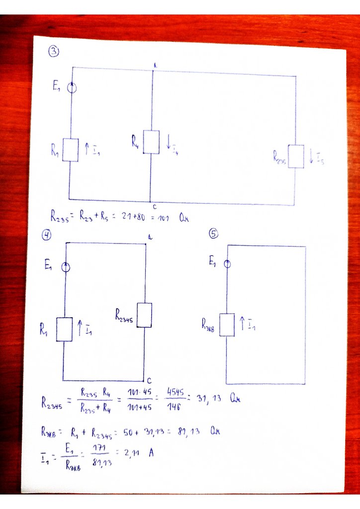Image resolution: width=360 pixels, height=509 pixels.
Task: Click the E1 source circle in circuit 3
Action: (72, 88)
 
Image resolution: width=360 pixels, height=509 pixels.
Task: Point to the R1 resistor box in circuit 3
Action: (71, 150)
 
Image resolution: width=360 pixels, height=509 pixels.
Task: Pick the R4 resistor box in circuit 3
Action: (151, 142)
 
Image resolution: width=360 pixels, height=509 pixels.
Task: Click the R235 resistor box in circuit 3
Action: (296, 157)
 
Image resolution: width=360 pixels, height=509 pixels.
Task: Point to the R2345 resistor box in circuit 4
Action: (144, 315)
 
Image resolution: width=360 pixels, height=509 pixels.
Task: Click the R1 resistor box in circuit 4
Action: (64, 329)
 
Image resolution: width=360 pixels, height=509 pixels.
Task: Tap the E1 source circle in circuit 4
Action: (65, 267)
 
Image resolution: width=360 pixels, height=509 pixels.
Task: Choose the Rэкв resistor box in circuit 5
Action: (227, 325)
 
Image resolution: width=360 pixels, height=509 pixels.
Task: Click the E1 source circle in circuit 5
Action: (227, 264)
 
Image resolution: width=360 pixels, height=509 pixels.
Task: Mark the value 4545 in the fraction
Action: (175, 393)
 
